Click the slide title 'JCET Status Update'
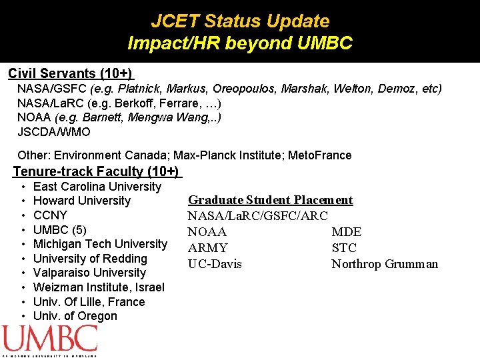click(x=240, y=21)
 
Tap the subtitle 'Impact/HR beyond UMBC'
click(x=240, y=44)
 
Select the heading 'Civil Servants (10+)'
click(x=71, y=73)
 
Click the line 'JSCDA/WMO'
click(x=53, y=131)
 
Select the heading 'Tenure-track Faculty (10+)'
click(x=96, y=171)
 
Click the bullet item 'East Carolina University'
click(x=97, y=187)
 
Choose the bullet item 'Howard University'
click(x=81, y=201)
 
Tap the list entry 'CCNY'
click(x=50, y=215)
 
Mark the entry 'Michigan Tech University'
click(x=100, y=244)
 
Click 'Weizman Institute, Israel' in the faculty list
click(x=99, y=287)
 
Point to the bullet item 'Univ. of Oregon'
click(x=75, y=316)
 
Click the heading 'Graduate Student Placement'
click(x=270, y=200)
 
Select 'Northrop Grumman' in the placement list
click(x=385, y=264)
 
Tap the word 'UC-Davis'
click(x=215, y=264)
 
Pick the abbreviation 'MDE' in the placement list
click(x=346, y=232)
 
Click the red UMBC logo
click(x=50, y=339)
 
